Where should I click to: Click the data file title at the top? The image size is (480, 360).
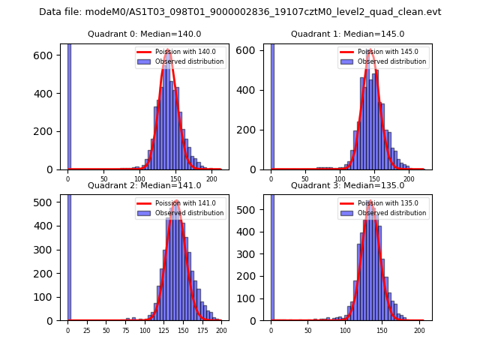coord(240,12)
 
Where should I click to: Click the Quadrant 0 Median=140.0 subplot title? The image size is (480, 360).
coord(144,34)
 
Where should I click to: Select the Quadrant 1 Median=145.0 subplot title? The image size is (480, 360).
coord(347,34)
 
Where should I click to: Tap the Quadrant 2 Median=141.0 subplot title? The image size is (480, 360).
coord(144,185)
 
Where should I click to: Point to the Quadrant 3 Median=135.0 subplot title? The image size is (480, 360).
coord(347,185)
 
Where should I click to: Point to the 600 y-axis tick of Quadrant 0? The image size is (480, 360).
coord(44,55)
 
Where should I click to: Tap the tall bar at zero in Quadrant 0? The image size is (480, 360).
coord(69,105)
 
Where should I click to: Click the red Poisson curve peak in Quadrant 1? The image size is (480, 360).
coord(370,51)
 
